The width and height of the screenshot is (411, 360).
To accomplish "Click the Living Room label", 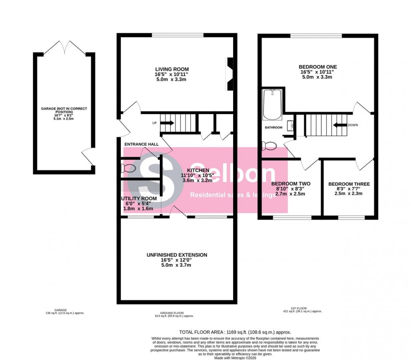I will tap(172, 69).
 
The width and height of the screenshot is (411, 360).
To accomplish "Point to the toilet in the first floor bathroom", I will tap(269, 146).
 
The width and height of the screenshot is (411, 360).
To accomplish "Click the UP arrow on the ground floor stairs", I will tap(167, 123).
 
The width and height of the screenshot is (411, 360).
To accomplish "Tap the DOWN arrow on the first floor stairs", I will tap(339, 124).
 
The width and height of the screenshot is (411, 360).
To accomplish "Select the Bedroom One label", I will tap(317, 67).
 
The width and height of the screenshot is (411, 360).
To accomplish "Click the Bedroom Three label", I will tap(349, 184).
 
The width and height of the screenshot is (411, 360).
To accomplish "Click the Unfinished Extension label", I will tap(177, 255).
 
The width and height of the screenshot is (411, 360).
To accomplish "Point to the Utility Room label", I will tap(139, 198).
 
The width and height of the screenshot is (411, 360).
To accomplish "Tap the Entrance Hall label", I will tap(141, 144).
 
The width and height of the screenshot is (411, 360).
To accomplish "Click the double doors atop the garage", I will tap(64, 49).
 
